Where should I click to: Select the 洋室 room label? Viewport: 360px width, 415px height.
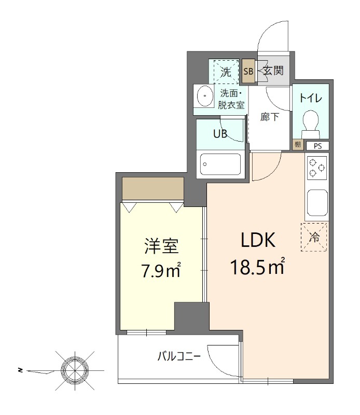pyautogui.click(x=161, y=246)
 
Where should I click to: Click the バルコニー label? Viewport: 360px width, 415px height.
pyautogui.click(x=179, y=356)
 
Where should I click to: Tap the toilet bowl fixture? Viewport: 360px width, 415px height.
pyautogui.click(x=311, y=122)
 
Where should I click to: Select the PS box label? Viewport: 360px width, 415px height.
pyautogui.click(x=316, y=145)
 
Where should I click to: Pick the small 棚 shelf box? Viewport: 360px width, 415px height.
pyautogui.click(x=297, y=145)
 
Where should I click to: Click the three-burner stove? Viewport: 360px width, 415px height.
pyautogui.click(x=316, y=168)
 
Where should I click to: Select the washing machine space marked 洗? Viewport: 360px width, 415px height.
pyautogui.click(x=226, y=72)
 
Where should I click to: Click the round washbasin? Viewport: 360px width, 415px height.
pyautogui.click(x=205, y=96)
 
